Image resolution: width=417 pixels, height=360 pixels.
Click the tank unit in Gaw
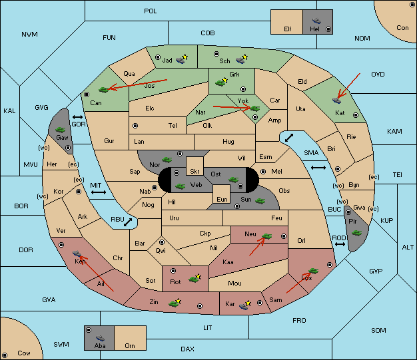point(61,130)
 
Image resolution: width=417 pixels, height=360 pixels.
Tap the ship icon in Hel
point(316,21)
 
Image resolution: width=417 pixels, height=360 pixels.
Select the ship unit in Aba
point(100,338)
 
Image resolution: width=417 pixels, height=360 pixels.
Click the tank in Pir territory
point(356,233)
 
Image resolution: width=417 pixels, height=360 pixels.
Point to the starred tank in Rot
point(195,278)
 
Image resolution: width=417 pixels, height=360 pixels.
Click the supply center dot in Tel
point(135,126)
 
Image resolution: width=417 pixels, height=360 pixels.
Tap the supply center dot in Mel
point(263,172)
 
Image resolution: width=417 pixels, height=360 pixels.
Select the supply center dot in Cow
point(5,355)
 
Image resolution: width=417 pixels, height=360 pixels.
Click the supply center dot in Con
point(412,5)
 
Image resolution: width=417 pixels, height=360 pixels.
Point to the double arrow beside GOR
point(78,117)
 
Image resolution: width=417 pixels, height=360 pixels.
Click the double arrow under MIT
point(99,192)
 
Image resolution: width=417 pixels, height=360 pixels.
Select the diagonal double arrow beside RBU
point(128,222)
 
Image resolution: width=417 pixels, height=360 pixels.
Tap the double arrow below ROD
point(340,244)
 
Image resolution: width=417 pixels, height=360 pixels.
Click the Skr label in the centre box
point(195,172)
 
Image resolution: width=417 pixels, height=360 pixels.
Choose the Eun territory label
point(222,199)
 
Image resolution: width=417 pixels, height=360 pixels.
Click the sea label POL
point(151,11)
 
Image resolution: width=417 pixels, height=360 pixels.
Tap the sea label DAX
point(187,349)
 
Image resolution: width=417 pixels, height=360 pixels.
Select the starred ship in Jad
point(182,59)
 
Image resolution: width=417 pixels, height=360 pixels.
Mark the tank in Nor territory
point(167,160)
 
